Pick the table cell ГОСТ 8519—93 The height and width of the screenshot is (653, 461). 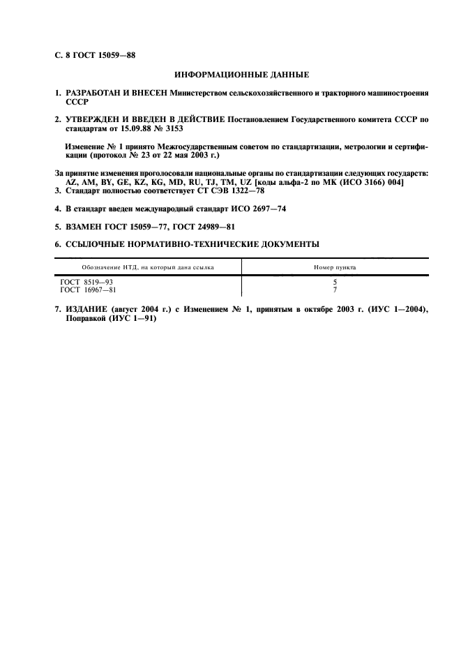point(86,281)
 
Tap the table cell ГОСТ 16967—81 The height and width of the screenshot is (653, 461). point(89,289)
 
